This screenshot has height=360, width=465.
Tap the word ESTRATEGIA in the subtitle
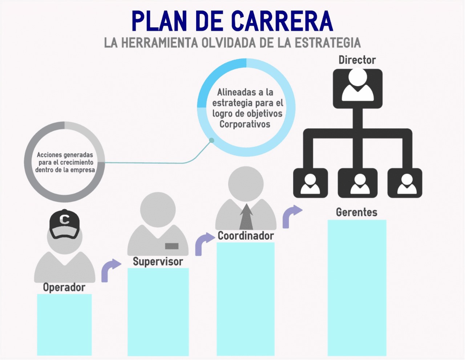click(x=327, y=43)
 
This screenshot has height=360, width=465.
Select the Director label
click(x=357, y=60)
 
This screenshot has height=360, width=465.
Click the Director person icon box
click(x=357, y=89)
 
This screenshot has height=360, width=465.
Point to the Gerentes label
click(x=356, y=212)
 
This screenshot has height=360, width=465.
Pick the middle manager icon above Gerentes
click(x=357, y=183)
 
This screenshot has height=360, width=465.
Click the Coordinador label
click(x=246, y=236)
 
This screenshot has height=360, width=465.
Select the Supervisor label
click(x=158, y=262)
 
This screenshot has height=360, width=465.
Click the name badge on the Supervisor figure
click(x=172, y=246)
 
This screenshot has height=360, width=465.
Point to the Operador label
click(x=64, y=287)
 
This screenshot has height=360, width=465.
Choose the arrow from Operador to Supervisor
click(x=110, y=270)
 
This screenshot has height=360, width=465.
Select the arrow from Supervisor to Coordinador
click(x=204, y=244)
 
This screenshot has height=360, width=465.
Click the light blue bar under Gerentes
click(x=357, y=287)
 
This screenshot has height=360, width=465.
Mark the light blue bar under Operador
click(x=64, y=324)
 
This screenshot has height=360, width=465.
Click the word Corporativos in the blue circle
click(x=245, y=124)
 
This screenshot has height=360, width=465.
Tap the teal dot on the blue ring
click(x=212, y=140)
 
